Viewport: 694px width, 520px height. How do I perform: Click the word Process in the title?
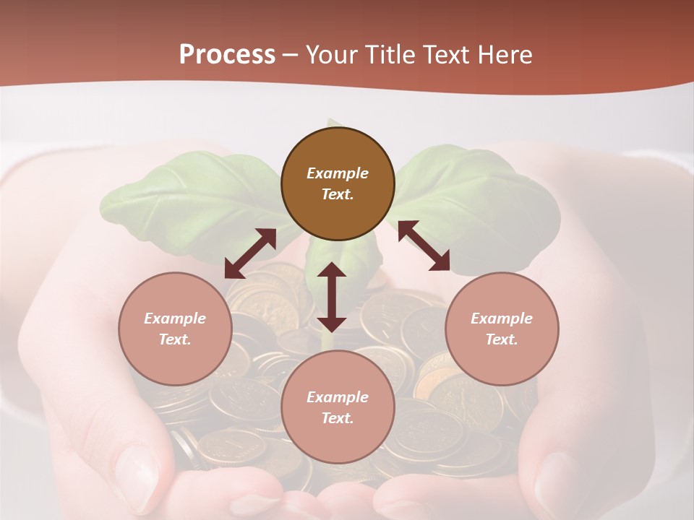[x=227, y=54]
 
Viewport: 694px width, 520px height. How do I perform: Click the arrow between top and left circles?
[x=250, y=253]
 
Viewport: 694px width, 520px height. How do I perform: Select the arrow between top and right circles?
[x=424, y=246]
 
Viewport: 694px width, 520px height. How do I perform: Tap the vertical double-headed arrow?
[x=332, y=297]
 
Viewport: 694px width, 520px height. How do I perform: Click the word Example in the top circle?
[x=338, y=173]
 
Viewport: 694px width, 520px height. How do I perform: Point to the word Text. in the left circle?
[x=175, y=339]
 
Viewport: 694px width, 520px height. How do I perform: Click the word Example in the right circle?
[x=502, y=318]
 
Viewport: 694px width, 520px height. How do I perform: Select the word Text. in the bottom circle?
[x=338, y=418]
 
